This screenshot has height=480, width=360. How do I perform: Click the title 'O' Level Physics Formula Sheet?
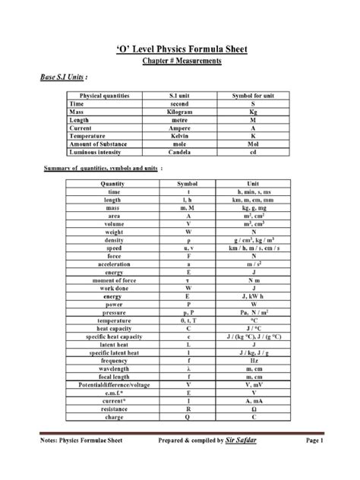tap(180, 50)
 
